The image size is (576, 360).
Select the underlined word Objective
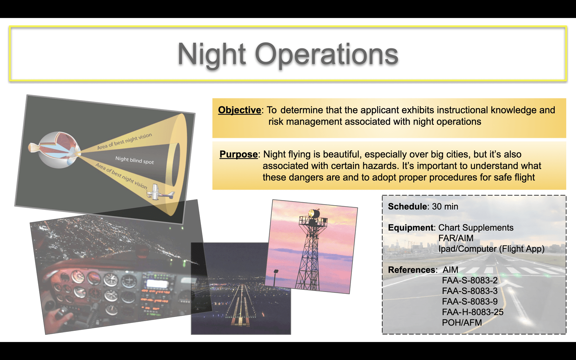(239, 110)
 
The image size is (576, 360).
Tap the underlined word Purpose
(238, 154)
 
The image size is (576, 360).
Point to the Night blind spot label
(135, 160)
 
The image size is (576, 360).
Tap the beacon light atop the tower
(314, 213)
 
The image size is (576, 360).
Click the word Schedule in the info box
(407, 207)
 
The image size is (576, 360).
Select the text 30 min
(445, 207)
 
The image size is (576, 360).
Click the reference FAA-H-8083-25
(473, 312)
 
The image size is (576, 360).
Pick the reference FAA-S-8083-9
(470, 301)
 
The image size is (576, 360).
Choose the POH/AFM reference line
(462, 323)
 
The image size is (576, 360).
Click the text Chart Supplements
(476, 228)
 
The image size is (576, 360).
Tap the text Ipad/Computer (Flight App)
(491, 249)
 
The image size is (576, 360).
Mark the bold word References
(411, 270)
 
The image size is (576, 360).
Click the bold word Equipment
(411, 228)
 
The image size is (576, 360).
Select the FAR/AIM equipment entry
(456, 238)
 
